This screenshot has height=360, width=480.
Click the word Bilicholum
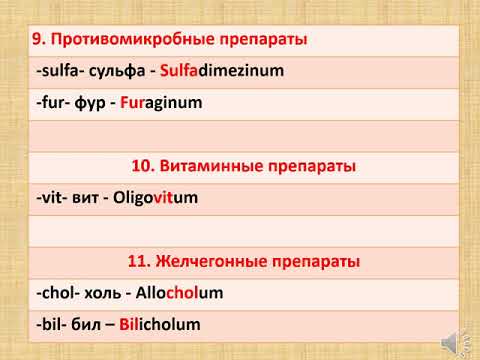[x=160, y=324]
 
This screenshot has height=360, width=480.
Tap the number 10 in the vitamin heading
[x=143, y=166]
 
